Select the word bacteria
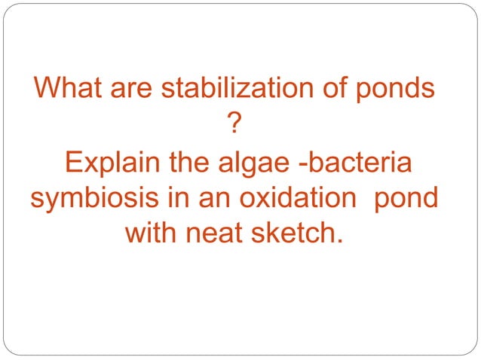[362, 163]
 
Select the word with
[154, 234]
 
